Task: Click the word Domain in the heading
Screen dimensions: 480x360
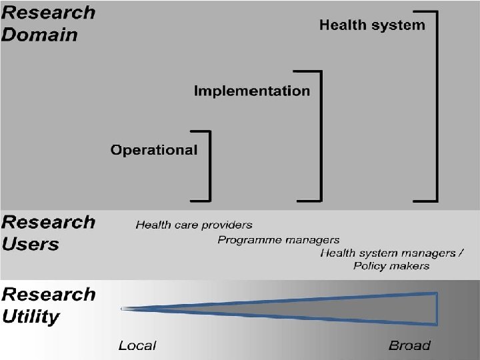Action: click(39, 35)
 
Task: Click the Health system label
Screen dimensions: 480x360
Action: click(371, 25)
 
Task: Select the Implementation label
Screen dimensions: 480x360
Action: click(251, 91)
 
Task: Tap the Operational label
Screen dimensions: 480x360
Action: click(154, 150)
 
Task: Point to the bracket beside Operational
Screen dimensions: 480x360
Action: click(209, 165)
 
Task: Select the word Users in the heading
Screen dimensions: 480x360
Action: click(31, 244)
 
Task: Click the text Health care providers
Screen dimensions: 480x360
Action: click(194, 225)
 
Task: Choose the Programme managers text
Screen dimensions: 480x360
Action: click(278, 240)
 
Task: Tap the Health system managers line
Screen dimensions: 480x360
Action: click(391, 253)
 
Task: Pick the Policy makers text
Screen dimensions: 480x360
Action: click(391, 266)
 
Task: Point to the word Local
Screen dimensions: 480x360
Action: click(137, 345)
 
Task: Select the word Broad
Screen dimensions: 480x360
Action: click(409, 345)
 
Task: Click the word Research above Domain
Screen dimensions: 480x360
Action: click(48, 13)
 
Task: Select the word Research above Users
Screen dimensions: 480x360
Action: click(48, 222)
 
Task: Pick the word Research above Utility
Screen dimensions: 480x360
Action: click(48, 294)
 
